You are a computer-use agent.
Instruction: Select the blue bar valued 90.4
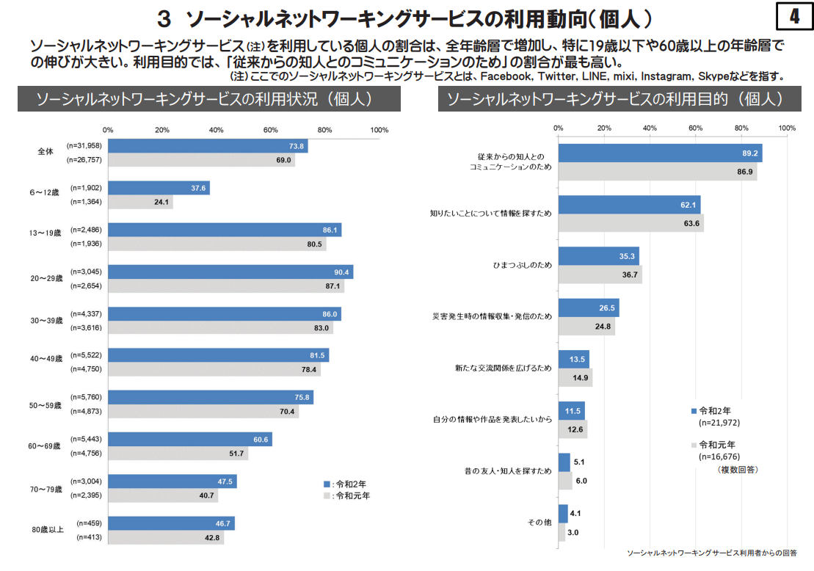click(x=230, y=272)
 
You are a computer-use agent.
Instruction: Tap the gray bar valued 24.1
click(x=140, y=203)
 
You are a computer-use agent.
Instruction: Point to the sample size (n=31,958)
click(x=84, y=145)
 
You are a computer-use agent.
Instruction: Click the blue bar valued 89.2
click(x=660, y=153)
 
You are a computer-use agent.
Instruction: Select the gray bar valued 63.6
click(x=631, y=223)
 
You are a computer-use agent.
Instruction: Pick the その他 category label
click(x=539, y=523)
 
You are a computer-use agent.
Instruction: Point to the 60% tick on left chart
click(x=271, y=130)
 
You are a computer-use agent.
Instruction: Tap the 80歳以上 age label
click(x=48, y=530)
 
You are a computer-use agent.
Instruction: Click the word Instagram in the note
click(x=665, y=76)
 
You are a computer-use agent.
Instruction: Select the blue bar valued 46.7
click(x=171, y=523)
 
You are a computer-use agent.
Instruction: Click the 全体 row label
click(x=46, y=153)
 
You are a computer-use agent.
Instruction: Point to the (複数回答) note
click(x=738, y=469)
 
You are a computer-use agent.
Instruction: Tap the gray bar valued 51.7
click(x=178, y=454)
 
